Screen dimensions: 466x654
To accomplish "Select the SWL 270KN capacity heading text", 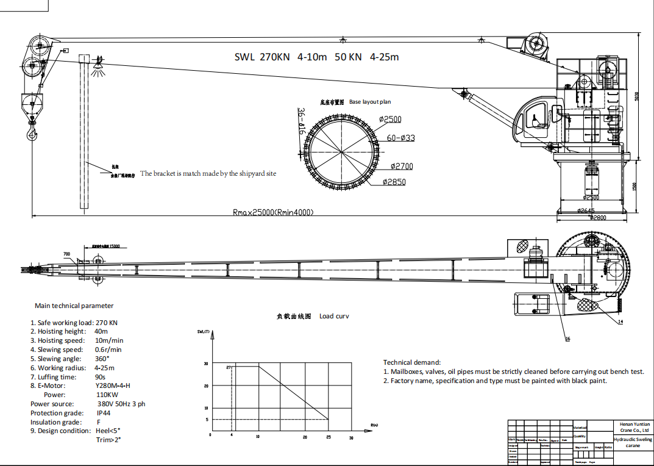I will tap(317, 57).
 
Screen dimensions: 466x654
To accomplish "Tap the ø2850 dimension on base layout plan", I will tap(394, 182).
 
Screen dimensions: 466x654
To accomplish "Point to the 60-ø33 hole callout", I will tap(401, 138).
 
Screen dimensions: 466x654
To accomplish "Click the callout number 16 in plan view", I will tap(567, 339).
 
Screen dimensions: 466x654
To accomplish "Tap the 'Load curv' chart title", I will tap(334, 316).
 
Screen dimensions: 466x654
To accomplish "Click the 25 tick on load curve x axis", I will tap(328, 437).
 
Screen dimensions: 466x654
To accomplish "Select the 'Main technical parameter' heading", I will tap(74, 306).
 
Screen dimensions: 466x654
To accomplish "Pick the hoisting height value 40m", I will tap(101, 331).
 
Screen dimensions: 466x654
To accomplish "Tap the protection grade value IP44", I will tap(104, 413).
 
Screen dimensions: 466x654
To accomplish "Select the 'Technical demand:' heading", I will tap(411, 362).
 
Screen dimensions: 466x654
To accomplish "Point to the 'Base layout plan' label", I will tap(370, 102).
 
